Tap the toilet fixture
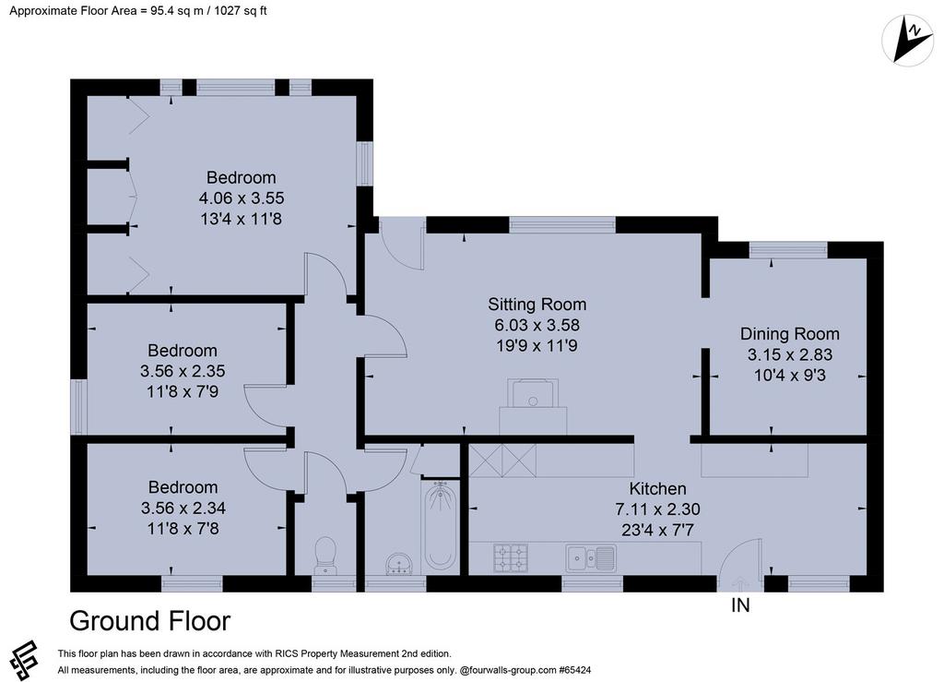[325, 555]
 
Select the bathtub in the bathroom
[440, 526]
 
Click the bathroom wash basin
[398, 563]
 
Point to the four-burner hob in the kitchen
[511, 558]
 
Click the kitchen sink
[590, 557]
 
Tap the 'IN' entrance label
[740, 604]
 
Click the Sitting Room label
[537, 305]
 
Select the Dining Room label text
[789, 334]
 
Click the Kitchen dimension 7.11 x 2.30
[657, 509]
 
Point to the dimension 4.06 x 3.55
[242, 198]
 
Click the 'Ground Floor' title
[150, 621]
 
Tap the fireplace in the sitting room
[533, 406]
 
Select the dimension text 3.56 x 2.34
[183, 508]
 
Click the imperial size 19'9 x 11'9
[537, 346]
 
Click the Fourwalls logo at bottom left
[23, 660]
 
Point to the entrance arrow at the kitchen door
[739, 583]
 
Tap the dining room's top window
[788, 249]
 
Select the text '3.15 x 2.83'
[790, 354]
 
